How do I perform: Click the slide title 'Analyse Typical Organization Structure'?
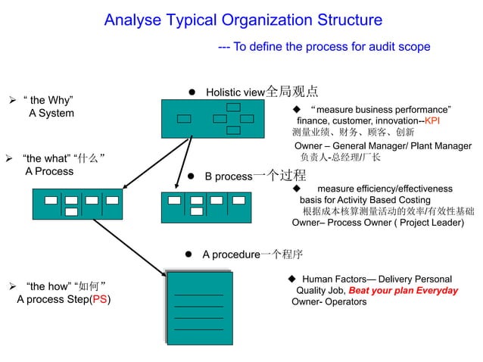(242, 20)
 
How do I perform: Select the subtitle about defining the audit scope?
(324, 47)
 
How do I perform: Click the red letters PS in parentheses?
(99, 300)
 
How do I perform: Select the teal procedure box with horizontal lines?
(199, 313)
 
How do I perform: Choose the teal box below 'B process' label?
(207, 205)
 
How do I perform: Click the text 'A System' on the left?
(51, 114)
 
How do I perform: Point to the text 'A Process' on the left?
(49, 171)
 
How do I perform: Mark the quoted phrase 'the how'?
(45, 286)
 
